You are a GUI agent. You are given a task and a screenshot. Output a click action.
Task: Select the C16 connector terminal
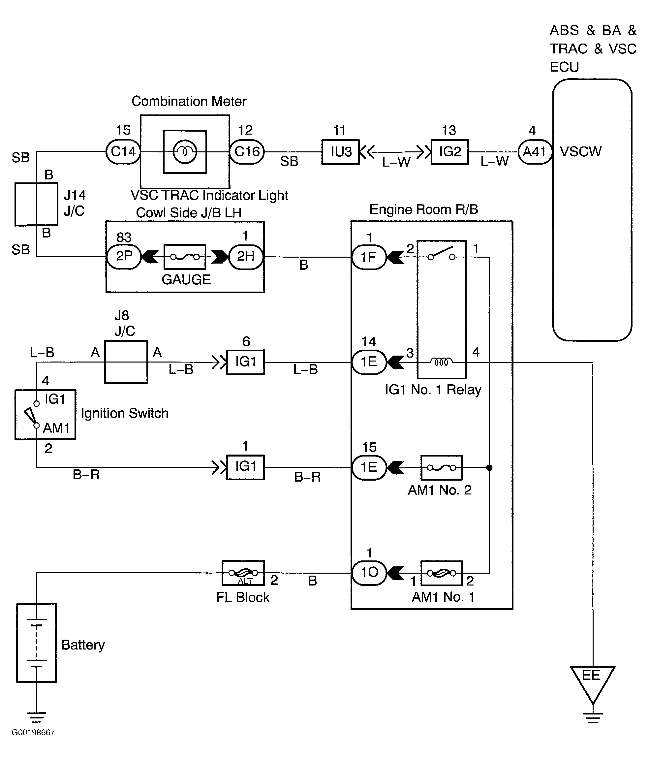pos(247,151)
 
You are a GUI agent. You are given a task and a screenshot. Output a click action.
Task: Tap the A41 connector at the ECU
pos(535,151)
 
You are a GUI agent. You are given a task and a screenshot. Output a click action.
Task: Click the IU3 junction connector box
pos(340,152)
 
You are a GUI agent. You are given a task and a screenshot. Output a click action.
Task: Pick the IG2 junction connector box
pos(449,152)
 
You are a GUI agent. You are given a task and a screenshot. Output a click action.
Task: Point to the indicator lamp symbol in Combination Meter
pos(185,151)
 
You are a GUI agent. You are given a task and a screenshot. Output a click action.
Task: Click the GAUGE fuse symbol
pos(185,257)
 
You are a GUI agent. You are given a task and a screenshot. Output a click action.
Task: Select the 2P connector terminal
pos(124,256)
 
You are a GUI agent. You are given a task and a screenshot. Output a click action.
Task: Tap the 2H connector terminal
pos(246,256)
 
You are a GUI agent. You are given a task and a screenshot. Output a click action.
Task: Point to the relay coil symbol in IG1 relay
pos(442,362)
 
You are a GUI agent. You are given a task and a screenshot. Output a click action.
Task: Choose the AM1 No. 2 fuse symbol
pos(442,468)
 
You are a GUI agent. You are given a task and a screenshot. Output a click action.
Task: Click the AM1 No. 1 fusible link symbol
pos(442,573)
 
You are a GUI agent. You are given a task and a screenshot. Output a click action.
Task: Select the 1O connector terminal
pos(369,573)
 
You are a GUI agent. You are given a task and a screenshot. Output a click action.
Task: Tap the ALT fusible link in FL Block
pos(243,573)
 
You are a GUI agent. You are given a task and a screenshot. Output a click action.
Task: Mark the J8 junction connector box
pos(126,362)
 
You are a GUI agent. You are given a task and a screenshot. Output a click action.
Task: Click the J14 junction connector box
pos(36,204)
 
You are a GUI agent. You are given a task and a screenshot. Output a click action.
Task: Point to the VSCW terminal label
pos(580,151)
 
